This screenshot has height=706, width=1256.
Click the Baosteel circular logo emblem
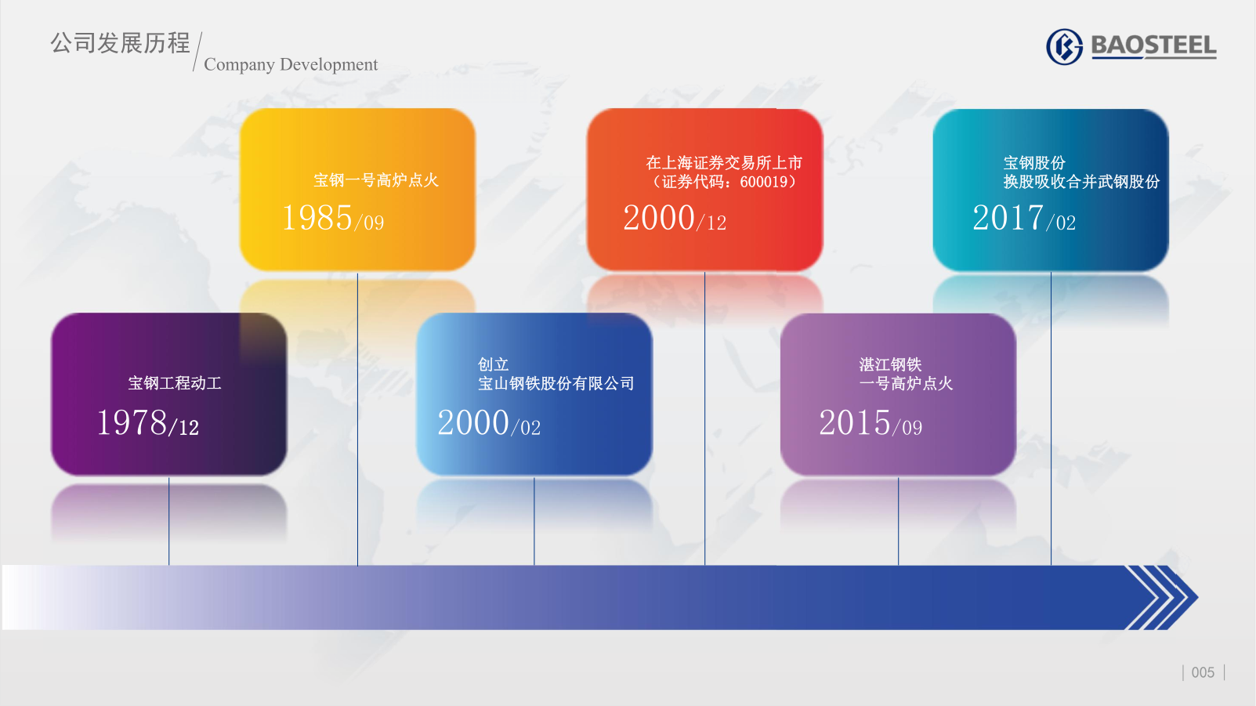coord(1064,46)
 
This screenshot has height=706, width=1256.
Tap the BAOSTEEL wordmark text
coord(1154,46)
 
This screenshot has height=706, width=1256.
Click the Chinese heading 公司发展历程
coord(121,43)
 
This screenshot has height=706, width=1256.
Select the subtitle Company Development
coord(291,64)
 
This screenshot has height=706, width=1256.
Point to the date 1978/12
coord(148,422)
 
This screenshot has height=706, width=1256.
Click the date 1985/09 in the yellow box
coord(332,218)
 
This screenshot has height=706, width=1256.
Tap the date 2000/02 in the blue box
coord(489,422)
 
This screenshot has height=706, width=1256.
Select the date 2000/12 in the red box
coord(675,218)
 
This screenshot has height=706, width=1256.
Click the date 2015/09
coord(871,422)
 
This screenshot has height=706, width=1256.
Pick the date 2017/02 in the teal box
coord(1024,218)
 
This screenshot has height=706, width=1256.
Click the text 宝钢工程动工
coord(175,383)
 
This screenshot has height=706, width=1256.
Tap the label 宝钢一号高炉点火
coord(375,180)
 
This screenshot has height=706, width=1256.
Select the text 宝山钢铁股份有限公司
coord(556,383)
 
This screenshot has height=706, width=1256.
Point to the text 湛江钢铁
coord(890,364)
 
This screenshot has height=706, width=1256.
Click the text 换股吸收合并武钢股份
coord(1081,182)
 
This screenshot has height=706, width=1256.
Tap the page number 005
coord(1203,672)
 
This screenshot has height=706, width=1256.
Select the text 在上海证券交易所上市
coord(724,163)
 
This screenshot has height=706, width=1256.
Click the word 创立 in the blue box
coord(494,364)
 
